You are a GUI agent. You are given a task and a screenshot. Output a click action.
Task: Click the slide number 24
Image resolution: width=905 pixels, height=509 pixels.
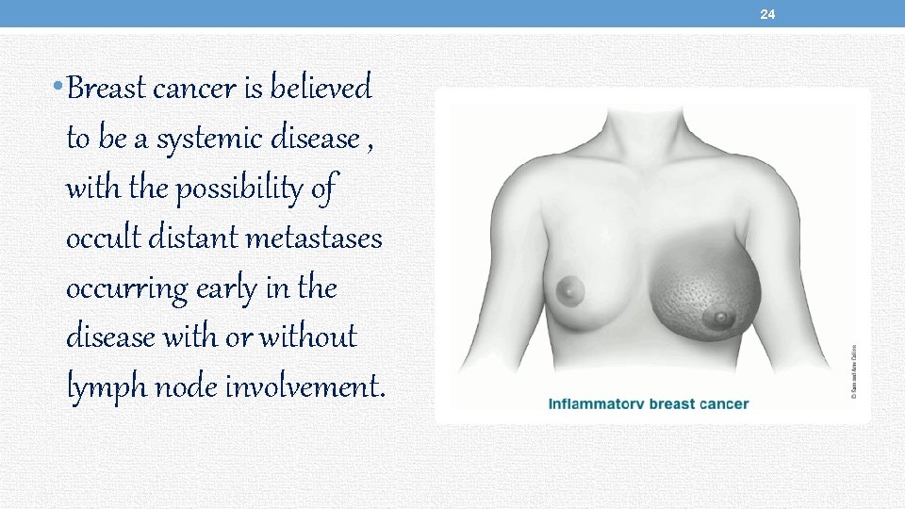tap(767, 14)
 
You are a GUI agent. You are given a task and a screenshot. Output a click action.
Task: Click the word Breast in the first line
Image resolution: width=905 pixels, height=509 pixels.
tap(107, 90)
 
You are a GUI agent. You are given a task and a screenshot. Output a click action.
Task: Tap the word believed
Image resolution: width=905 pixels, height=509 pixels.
tap(321, 89)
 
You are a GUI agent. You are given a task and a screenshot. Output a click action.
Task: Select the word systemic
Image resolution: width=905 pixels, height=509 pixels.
tap(208, 140)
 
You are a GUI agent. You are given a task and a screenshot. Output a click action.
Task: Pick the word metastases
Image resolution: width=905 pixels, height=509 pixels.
tap(314, 239)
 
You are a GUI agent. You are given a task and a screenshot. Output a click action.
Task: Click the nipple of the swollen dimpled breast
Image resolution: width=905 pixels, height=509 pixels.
tap(720, 320)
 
